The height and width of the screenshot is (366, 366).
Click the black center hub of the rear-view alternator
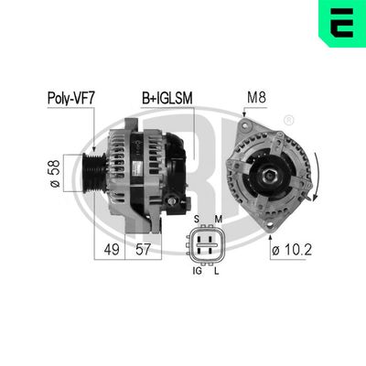(271, 172)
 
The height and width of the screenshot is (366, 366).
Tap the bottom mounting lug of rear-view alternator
(265, 220)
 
